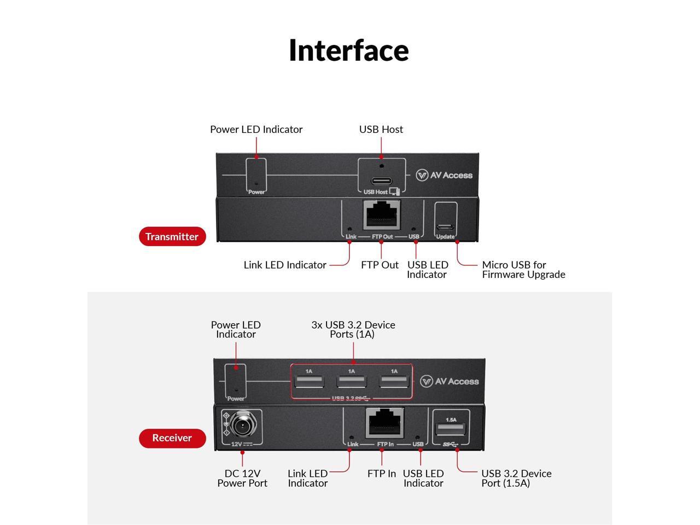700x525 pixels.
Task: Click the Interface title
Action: click(x=348, y=50)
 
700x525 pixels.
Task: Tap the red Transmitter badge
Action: click(x=172, y=237)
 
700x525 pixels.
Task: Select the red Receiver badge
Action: click(x=172, y=438)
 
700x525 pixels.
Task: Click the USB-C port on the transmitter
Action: click(x=382, y=181)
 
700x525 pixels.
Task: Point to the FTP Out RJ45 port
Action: click(x=382, y=215)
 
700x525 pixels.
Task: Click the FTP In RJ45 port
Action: click(x=384, y=423)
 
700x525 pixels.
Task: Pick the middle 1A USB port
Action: click(x=351, y=381)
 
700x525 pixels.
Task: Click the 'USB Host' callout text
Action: click(x=381, y=130)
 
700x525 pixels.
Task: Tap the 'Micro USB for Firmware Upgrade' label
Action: click(x=523, y=270)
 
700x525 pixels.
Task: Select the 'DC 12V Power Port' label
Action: click(x=242, y=478)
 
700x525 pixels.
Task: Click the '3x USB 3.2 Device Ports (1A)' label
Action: click(x=353, y=329)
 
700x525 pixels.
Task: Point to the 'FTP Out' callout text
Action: click(x=380, y=265)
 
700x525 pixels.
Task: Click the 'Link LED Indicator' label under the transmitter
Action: click(x=285, y=265)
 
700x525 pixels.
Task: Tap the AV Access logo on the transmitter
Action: click(x=444, y=176)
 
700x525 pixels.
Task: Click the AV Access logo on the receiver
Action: click(x=450, y=382)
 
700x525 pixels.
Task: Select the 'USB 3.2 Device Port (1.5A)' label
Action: click(x=516, y=478)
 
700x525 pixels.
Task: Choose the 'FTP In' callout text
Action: click(x=381, y=474)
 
